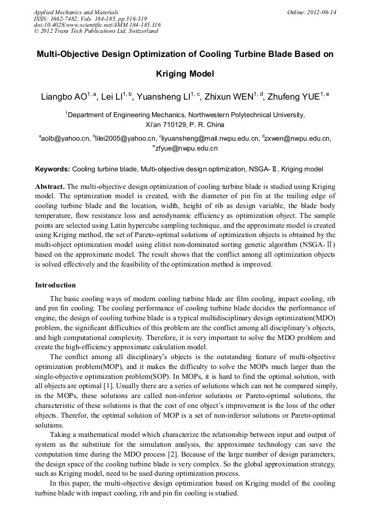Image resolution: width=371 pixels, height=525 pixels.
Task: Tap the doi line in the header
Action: coord(97,25)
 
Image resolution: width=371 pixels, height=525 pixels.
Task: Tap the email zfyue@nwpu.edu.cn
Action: coord(187,148)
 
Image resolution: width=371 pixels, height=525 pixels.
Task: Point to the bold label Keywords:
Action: coord(53,169)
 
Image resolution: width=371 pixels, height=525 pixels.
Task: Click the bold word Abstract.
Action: coord(50,186)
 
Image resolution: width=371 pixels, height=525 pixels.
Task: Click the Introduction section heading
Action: coord(55,285)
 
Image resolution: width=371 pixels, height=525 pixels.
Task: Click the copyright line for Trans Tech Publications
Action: coord(96,31)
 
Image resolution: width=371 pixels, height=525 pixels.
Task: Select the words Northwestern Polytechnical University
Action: coord(246,114)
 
